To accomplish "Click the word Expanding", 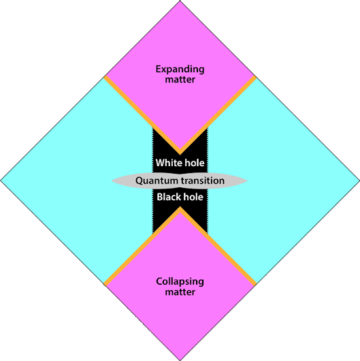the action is coord(180,69).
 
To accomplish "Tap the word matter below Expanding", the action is coord(180,80).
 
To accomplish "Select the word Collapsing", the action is coord(180,282).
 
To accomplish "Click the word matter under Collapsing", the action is coord(180,292).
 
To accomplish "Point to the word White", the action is coord(167,163).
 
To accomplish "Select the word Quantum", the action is coord(157,180).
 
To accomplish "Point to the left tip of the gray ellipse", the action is coord(112,180).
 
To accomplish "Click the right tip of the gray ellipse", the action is coord(248,180).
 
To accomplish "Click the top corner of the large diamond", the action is coord(180,1).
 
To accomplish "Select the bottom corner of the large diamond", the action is coord(180,360).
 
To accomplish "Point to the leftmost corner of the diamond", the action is coord(1,180).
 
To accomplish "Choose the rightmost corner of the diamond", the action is coord(359,180).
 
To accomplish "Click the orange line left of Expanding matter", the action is coord(142,114).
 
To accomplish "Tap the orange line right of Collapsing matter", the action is coord(218,247).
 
